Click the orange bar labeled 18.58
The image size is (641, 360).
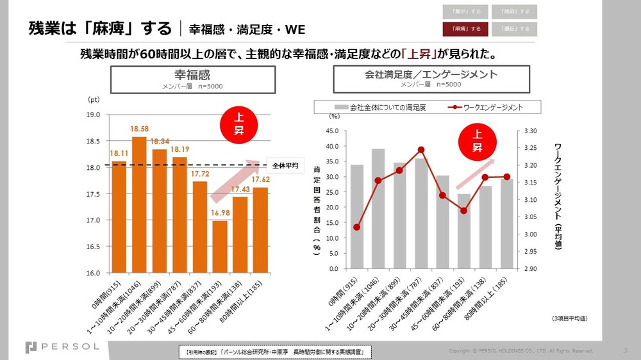139,204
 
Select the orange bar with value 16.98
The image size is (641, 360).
220,247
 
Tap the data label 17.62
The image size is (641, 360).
261,180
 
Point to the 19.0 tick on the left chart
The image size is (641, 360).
94,115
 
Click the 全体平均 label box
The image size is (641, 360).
285,165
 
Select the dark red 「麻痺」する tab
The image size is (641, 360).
465,29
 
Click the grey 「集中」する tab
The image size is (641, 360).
465,12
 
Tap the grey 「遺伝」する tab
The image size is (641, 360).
515,29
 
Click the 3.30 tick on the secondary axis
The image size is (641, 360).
530,131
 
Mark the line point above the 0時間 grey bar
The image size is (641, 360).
357,227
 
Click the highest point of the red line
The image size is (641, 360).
420,150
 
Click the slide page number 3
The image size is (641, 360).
625,350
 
